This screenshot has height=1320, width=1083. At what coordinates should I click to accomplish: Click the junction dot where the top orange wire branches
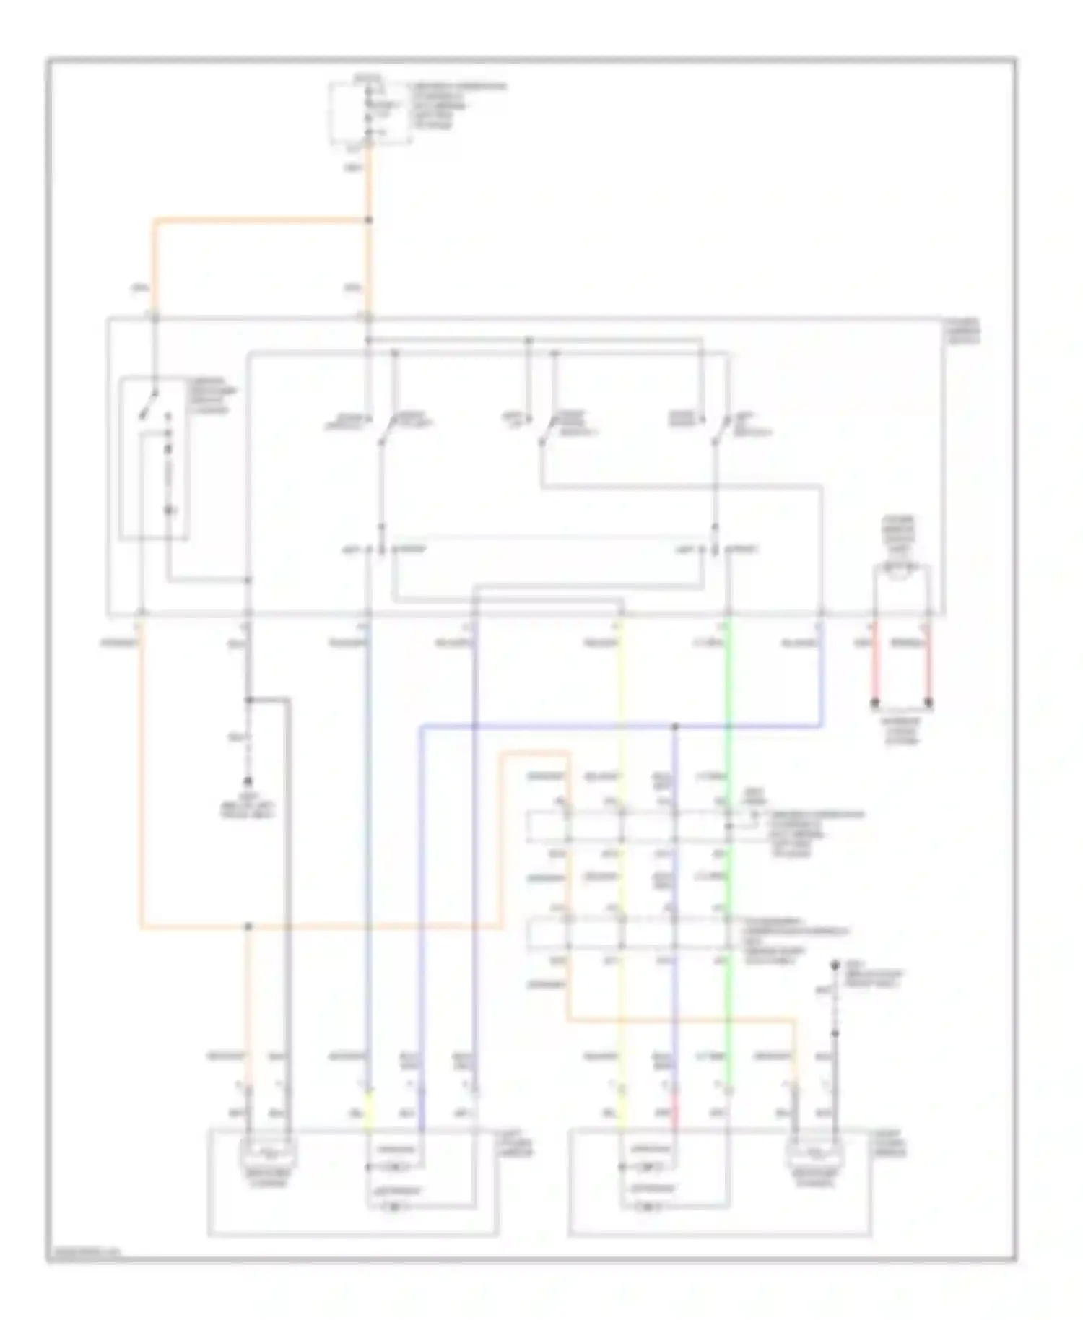369,220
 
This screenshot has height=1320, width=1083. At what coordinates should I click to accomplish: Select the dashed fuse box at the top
370,114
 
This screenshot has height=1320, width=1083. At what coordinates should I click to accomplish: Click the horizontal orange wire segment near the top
260,220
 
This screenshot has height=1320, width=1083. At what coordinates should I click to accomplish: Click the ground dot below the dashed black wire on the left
248,781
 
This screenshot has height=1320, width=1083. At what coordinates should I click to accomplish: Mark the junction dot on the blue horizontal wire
676,726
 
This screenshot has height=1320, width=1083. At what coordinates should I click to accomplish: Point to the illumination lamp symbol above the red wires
901,570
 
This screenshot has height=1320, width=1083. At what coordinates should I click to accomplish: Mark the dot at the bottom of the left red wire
875,702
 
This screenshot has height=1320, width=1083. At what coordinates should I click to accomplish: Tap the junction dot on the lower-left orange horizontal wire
248,926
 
